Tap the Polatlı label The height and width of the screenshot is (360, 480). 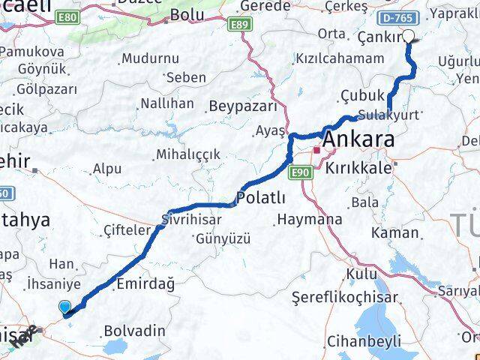coord(260,198)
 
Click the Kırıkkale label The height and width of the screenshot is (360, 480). coord(358,168)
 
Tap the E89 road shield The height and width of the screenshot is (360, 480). coord(240,25)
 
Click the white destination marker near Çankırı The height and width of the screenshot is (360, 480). coord(409,35)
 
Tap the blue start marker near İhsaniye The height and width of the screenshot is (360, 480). coord(65,307)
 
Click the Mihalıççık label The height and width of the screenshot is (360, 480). coord(187,154)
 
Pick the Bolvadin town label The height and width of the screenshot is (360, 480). coord(134,330)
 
